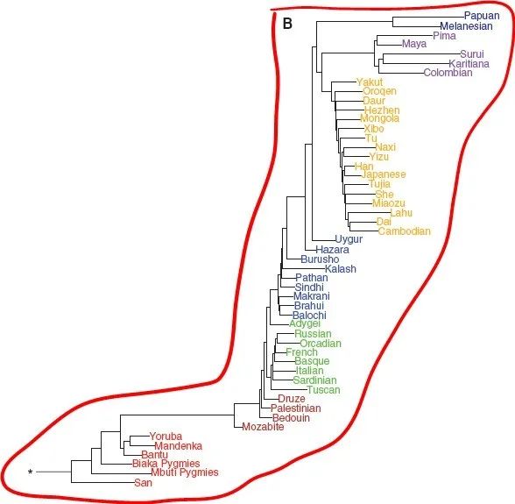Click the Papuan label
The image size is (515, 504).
[482, 16]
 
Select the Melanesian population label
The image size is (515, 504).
[466, 26]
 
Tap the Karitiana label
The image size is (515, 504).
[469, 63]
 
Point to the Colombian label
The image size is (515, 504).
[448, 73]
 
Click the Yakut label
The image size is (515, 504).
[370, 82]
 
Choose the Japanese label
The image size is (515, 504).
[384, 174]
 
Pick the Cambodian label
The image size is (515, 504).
[405, 231]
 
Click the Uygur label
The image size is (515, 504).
[349, 239]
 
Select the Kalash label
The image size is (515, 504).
[341, 269]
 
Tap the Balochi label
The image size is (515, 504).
[309, 316]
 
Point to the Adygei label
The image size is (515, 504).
[305, 324]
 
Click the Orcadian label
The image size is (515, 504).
[321, 344]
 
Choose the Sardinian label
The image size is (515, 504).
[315, 380]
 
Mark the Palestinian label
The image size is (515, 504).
[296, 408]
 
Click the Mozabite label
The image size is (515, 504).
[263, 427]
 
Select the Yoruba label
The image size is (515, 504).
[166, 437]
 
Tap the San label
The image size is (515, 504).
[144, 483]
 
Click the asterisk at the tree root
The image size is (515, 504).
[30, 472]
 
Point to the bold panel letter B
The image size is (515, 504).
[287, 24]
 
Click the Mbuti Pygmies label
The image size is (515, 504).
[185, 472]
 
